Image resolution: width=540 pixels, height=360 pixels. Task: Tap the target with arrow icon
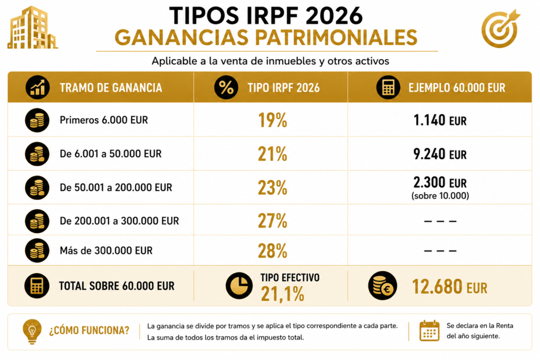pyautogui.click(x=500, y=28)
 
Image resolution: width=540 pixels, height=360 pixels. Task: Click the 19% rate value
pyautogui.click(x=273, y=120)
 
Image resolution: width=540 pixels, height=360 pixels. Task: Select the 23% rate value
pyautogui.click(x=273, y=188)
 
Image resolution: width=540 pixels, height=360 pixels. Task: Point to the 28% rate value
pyautogui.click(x=273, y=250)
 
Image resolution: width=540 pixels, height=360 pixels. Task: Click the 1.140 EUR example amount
pyautogui.click(x=440, y=121)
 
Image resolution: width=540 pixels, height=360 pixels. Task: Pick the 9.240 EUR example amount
pyautogui.click(x=440, y=154)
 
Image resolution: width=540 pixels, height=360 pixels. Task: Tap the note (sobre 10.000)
pyautogui.click(x=440, y=196)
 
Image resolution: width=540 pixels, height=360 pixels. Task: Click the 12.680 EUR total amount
pyautogui.click(x=449, y=287)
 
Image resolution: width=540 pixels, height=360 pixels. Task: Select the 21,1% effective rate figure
pyautogui.click(x=283, y=294)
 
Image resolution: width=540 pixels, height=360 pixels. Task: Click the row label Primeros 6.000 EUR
pyautogui.click(x=104, y=120)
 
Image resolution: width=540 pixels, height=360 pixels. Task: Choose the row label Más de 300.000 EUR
pyautogui.click(x=106, y=250)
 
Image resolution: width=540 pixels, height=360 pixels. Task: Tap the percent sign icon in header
pyautogui.click(x=226, y=87)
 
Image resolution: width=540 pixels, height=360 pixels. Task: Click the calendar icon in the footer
pyautogui.click(x=429, y=330)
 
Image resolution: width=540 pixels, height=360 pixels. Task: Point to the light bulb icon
pyautogui.click(x=32, y=332)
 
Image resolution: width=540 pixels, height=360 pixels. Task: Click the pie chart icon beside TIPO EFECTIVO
pyautogui.click(x=239, y=286)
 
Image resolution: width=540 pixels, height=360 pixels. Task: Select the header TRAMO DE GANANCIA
pyautogui.click(x=111, y=88)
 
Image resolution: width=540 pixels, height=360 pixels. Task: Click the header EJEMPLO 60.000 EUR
pyautogui.click(x=457, y=88)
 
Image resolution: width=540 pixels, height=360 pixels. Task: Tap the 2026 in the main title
pyautogui.click(x=334, y=15)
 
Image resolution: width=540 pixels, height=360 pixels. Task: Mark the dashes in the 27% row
pyautogui.click(x=440, y=221)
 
